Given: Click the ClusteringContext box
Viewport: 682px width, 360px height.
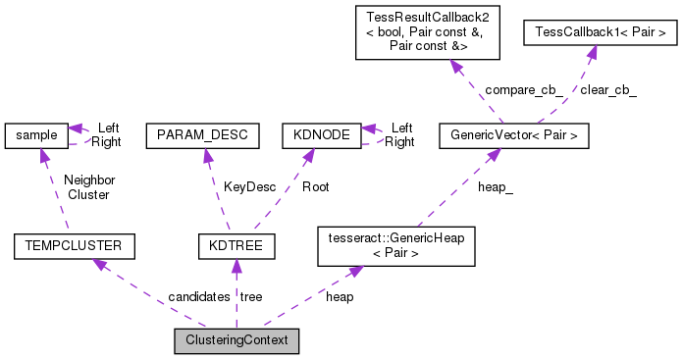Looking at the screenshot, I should [236, 341].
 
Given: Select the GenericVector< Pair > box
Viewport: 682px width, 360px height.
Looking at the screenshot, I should [514, 134].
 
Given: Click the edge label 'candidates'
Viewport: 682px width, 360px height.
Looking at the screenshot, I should [199, 296].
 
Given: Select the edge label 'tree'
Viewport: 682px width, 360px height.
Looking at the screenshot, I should [251, 296].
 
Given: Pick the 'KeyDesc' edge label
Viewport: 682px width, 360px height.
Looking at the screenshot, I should [245, 185].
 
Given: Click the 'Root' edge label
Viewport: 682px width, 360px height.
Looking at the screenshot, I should [315, 185].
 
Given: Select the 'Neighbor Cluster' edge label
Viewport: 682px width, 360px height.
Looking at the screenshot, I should [89, 186].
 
